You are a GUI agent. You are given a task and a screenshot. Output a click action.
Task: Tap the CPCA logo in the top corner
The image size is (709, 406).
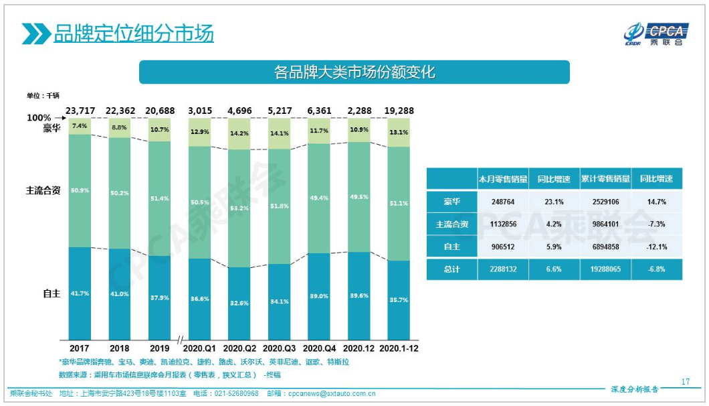tap(656, 33)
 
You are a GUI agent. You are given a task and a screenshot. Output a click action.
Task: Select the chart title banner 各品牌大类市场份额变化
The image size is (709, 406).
tap(354, 72)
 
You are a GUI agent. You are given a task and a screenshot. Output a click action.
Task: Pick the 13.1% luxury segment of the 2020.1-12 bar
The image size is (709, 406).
tap(399, 133)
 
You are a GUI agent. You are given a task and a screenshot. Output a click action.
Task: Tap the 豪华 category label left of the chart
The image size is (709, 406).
tap(52, 129)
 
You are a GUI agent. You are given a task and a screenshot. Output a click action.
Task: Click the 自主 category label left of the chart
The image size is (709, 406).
tap(52, 293)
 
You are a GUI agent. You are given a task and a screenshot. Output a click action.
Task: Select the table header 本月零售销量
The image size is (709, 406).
tap(502, 180)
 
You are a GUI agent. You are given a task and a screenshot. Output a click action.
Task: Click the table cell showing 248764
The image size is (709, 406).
tap(502, 202)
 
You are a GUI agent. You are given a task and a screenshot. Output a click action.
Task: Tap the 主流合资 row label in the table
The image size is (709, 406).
tap(452, 224)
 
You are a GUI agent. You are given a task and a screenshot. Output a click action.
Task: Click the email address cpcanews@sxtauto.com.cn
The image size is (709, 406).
tap(331, 394)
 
